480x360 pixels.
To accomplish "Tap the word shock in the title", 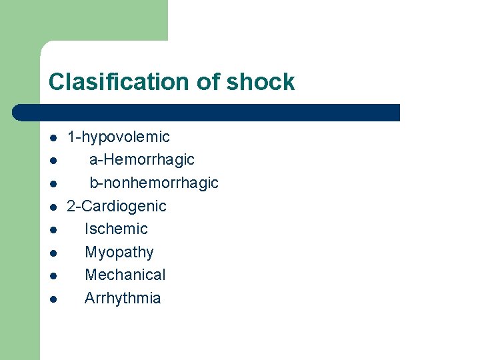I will pos(260,82).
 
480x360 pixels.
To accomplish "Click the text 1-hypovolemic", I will pos(118,137).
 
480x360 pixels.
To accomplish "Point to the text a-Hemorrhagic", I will pos(141,160).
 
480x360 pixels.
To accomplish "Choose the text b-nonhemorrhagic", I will pos(153,183).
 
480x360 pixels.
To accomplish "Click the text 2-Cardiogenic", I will pos(117,206).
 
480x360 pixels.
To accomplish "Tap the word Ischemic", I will pos(116,229).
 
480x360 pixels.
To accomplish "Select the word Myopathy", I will pos(119,253).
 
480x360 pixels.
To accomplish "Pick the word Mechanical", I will pos(125,275).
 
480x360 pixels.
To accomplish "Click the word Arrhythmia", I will pos(123,298).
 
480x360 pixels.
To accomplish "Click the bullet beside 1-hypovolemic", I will pos(52,139).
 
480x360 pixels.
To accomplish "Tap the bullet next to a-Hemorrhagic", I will pos(52,161).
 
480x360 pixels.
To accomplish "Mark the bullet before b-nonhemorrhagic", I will pos(52,184).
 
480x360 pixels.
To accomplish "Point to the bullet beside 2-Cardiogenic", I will pos(52,207).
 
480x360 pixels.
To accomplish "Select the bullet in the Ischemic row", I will pos(52,230).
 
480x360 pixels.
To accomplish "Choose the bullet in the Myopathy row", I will pos(52,253).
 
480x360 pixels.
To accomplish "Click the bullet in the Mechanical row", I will pos(52,276).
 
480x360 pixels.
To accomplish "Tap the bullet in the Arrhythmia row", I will pos(52,299).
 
